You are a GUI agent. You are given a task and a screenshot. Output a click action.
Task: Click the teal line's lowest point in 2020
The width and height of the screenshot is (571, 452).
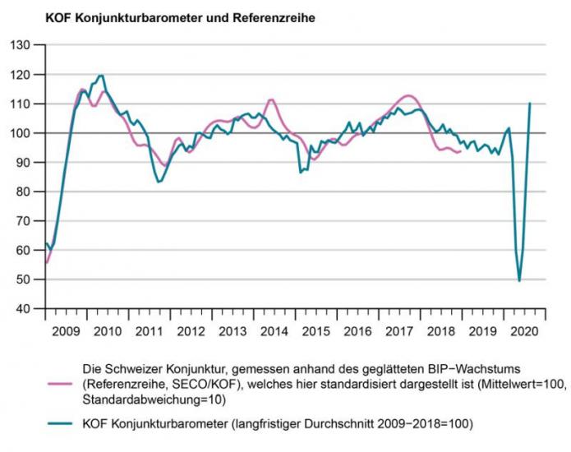(519, 281)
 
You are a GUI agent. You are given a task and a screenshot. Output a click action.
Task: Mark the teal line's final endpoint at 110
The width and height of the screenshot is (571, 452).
(530, 104)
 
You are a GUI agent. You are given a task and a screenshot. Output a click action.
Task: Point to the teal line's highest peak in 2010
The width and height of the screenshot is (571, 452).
(100, 76)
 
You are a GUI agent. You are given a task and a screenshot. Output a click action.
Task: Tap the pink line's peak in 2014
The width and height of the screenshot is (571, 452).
(271, 99)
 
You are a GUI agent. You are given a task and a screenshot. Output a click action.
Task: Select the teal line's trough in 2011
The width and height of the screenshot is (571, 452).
(158, 182)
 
